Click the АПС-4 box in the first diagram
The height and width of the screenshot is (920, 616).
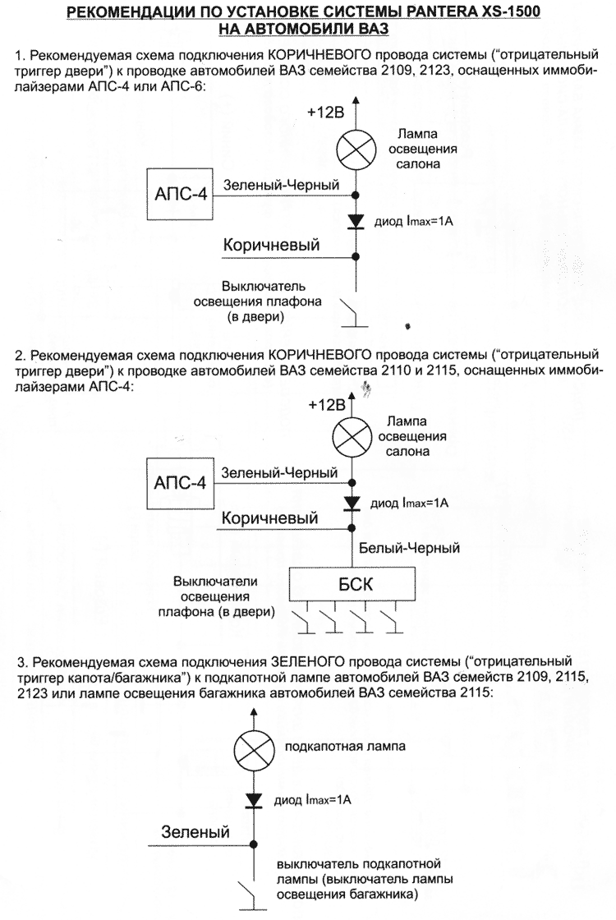click(x=179, y=194)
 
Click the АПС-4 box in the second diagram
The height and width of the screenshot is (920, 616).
click(x=179, y=481)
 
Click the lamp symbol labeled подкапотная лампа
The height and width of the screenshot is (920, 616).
click(x=252, y=747)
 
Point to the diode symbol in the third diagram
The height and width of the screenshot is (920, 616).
click(x=253, y=798)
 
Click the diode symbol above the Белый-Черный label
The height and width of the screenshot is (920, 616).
click(x=352, y=503)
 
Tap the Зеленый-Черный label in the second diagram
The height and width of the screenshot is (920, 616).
click(x=281, y=473)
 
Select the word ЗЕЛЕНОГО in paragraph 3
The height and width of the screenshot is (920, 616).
click(x=305, y=660)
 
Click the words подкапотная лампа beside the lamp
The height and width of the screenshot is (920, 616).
click(x=345, y=747)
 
